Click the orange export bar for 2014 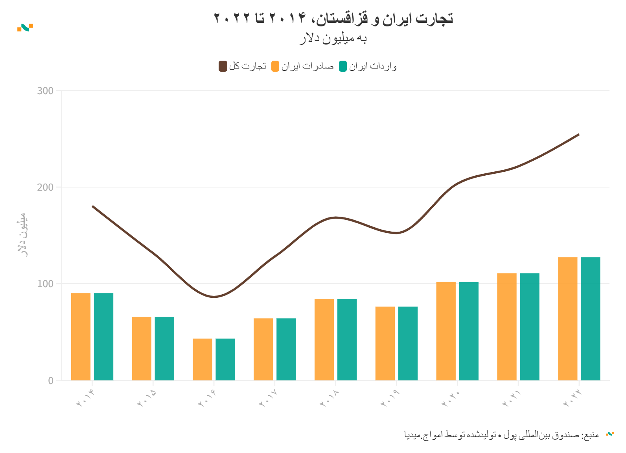click(x=81, y=336)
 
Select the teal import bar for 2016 click(x=225, y=359)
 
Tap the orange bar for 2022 click(x=567, y=319)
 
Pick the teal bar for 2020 click(x=469, y=331)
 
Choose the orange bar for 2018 click(x=324, y=340)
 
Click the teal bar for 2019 click(x=408, y=343)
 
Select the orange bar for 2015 click(x=142, y=348)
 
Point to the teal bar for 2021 click(x=530, y=327)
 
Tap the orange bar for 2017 click(x=263, y=349)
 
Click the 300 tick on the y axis click(x=45, y=91)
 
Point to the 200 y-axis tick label click(x=45, y=187)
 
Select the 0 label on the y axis click(x=51, y=381)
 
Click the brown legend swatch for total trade click(x=223, y=66)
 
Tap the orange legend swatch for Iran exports click(x=275, y=66)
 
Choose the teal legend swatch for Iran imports click(x=343, y=66)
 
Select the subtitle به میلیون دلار click(x=333, y=39)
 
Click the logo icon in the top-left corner click(x=25, y=28)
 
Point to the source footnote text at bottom click(x=501, y=435)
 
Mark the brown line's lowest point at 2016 click(x=214, y=297)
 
